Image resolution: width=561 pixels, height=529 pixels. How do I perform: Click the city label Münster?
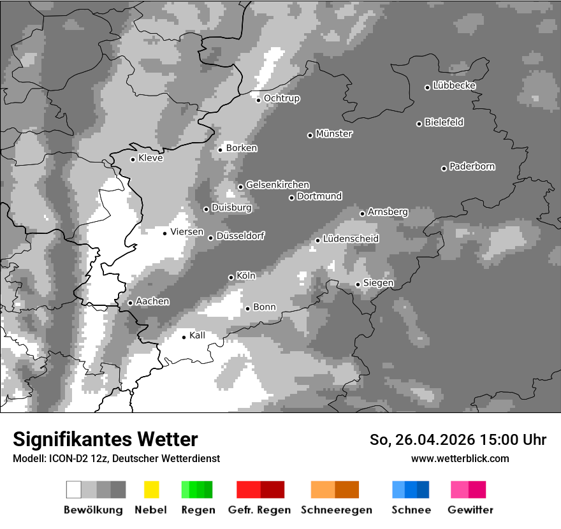click(x=334, y=134)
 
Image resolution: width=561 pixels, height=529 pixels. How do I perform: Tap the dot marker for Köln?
click(x=231, y=277)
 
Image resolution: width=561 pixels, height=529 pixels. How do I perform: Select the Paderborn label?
click(x=472, y=167)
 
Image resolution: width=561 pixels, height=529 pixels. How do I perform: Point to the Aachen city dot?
click(x=130, y=303)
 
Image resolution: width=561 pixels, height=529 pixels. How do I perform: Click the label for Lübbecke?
click(x=455, y=85)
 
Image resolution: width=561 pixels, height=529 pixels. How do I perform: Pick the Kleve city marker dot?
click(x=133, y=159)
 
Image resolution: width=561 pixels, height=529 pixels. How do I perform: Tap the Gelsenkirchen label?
click(x=278, y=185)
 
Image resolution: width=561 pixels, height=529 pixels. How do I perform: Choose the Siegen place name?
click(x=379, y=283)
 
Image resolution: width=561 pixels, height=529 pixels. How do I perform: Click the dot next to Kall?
click(x=184, y=337)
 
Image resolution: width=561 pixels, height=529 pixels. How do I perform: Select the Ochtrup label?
click(x=282, y=99)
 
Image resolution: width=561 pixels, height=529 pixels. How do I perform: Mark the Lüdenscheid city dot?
click(x=317, y=240)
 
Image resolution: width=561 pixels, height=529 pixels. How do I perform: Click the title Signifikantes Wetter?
click(x=105, y=439)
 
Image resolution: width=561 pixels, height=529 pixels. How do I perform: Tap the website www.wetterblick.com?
click(x=460, y=458)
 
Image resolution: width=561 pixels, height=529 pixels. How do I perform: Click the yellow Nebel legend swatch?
click(x=151, y=489)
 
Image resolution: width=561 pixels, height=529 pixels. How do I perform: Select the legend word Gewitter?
click(x=470, y=510)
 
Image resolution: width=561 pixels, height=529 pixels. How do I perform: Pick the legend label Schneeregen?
click(x=336, y=510)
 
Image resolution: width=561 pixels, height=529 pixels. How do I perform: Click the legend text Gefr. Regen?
click(x=259, y=510)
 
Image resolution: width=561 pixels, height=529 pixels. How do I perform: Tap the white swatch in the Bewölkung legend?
click(x=74, y=489)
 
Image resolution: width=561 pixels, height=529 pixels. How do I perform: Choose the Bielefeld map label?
click(x=444, y=122)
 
